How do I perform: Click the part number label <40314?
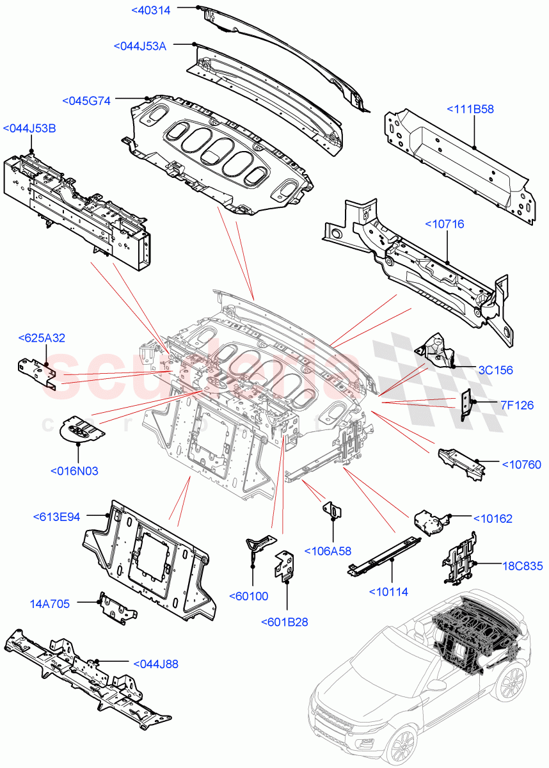click(152, 9)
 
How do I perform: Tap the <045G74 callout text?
click(86, 100)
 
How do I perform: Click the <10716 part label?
click(445, 224)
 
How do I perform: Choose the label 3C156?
click(495, 370)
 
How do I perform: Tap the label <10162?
click(493, 518)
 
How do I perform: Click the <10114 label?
click(388, 591)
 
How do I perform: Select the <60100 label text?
click(248, 596)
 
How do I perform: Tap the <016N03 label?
click(74, 471)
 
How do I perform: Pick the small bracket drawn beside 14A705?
click(116, 608)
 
